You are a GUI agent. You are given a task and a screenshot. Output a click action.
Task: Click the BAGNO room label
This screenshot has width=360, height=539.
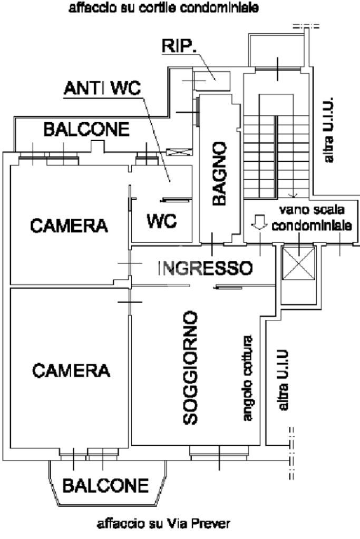pyautogui.click(x=219, y=173)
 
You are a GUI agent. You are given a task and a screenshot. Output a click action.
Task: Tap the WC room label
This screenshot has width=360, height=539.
pyautogui.click(x=162, y=221)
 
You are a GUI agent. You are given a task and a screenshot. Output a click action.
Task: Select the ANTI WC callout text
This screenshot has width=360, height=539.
pyautogui.click(x=102, y=88)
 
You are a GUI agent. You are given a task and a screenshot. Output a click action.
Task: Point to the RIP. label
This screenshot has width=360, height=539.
pyautogui.click(x=179, y=46)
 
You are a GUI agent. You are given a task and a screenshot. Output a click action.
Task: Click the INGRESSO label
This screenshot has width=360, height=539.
pyautogui.click(x=205, y=268)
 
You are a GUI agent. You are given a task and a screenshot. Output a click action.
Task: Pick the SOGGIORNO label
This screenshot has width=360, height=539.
pyautogui.click(x=190, y=368)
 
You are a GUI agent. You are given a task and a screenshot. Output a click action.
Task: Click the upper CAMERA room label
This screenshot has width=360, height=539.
pyautogui.click(x=69, y=226)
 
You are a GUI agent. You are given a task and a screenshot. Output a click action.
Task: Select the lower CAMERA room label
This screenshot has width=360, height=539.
pyautogui.click(x=71, y=370)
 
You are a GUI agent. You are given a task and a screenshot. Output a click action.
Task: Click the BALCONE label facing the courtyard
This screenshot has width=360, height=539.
pyautogui.click(x=86, y=129)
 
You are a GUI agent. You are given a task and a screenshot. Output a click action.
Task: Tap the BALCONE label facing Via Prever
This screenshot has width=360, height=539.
pyautogui.click(x=105, y=485)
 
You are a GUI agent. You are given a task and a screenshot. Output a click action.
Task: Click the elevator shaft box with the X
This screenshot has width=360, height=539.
pyautogui.click(x=298, y=263)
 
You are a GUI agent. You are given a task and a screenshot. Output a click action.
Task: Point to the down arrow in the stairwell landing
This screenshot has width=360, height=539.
pyautogui.click(x=259, y=222)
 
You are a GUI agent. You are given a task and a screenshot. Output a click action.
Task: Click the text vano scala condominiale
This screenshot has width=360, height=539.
pyautogui.click(x=312, y=218)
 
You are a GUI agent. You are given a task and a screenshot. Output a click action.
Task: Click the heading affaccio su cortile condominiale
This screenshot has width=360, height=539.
pyautogui.click(x=164, y=8)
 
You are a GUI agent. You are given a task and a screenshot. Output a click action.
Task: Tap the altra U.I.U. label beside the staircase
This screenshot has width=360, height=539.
pyautogui.click(x=329, y=130)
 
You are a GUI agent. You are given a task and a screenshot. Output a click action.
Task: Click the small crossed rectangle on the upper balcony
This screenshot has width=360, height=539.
pyautogui.click(x=179, y=152)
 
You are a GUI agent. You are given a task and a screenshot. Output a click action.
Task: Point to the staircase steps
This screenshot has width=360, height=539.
pyautogui.click(x=276, y=156)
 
